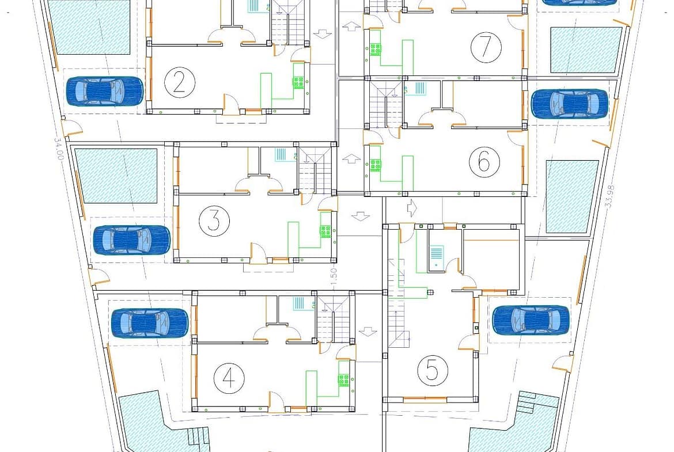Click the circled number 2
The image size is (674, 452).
[179, 82]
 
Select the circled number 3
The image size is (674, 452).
[214, 220]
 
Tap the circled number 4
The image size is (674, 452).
[229, 378]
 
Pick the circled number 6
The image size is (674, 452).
[484, 162]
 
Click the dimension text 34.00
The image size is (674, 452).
[58, 148]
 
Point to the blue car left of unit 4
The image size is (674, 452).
[149, 323]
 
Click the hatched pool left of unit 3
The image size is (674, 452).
[116, 176]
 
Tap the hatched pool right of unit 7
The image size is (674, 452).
[586, 50]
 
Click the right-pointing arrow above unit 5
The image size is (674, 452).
[412, 206]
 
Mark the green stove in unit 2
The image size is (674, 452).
[298, 82]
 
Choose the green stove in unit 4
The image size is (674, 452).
[344, 379]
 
